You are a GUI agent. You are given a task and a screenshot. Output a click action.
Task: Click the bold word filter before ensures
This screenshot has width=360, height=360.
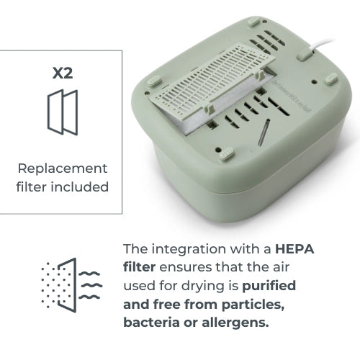click(140, 267)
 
